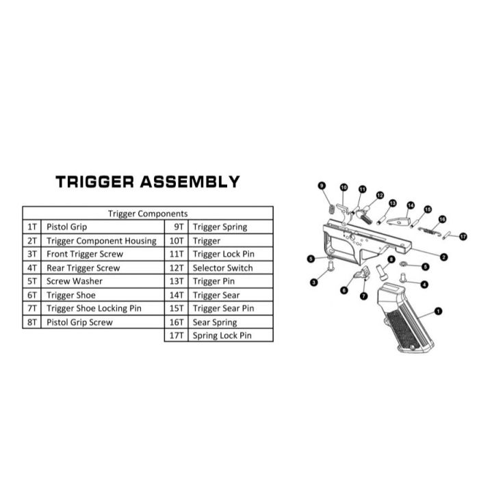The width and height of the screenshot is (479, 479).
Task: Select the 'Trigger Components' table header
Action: [x=148, y=213]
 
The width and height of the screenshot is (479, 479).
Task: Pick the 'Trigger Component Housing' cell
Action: [x=101, y=240]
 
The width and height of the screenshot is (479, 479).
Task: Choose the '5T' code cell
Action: [x=32, y=281]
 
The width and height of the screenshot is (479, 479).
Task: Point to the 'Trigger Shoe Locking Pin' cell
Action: [x=94, y=309]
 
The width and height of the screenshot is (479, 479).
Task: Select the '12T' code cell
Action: [x=177, y=268]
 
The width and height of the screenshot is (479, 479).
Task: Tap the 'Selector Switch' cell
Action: [x=222, y=268]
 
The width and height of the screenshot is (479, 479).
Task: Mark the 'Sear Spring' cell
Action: [x=215, y=322]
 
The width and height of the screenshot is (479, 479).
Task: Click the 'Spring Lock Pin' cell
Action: [x=222, y=336]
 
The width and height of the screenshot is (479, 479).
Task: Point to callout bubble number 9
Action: [x=321, y=185]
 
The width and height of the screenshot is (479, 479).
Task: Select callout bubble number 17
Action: [x=463, y=236]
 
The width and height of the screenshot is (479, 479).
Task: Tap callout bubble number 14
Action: [x=411, y=205]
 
